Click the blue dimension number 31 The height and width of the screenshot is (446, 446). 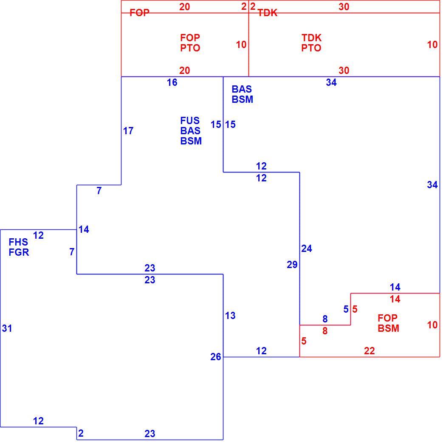[7, 328]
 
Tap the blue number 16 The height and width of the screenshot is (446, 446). [172, 82]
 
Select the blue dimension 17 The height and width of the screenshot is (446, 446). [128, 131]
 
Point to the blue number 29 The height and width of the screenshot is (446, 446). [292, 265]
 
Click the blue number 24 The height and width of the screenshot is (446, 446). [307, 248]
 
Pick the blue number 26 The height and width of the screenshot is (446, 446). [216, 357]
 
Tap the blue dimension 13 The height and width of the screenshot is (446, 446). [230, 316]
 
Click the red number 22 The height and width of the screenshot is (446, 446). [370, 351]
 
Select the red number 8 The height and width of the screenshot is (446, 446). [325, 331]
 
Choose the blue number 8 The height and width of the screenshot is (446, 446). [325, 319]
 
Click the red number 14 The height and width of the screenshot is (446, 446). [395, 299]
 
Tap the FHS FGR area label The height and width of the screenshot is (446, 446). [19, 247]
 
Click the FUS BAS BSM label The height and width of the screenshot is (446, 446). [191, 130]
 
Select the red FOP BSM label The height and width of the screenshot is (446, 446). [388, 323]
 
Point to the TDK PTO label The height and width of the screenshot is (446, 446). [311, 42]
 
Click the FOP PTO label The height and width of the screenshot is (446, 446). [190, 42]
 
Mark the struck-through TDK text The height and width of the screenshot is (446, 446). [268, 13]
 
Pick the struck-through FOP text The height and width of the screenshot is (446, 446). [139, 13]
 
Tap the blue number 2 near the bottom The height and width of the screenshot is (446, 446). [81, 433]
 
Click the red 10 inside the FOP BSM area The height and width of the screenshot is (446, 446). [432, 325]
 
